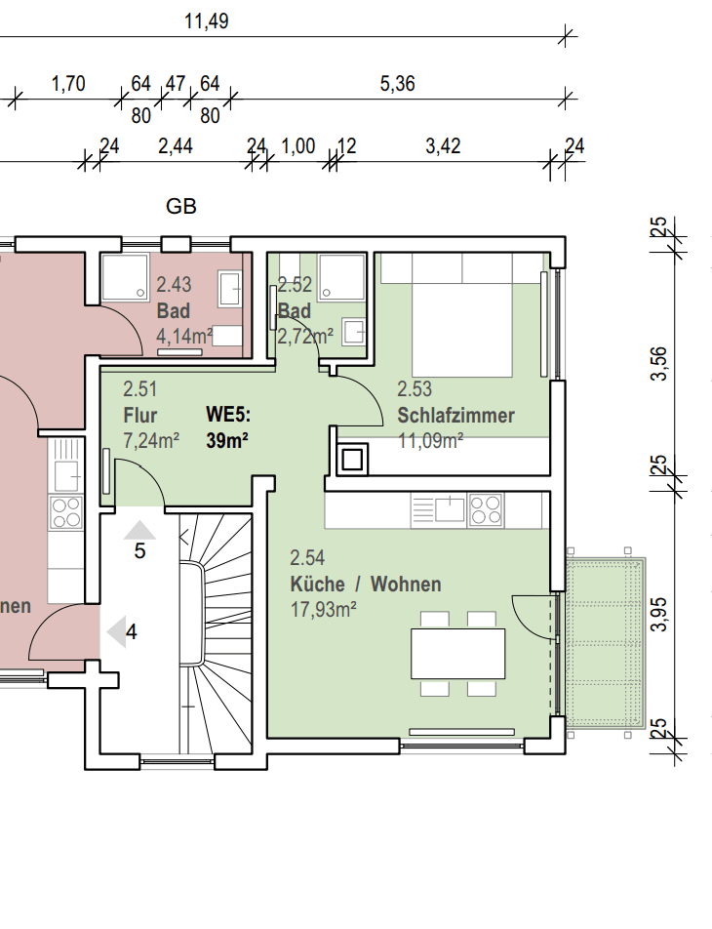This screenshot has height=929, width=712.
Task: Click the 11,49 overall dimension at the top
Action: pos(206,21)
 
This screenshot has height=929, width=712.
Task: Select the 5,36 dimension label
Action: pos(397,84)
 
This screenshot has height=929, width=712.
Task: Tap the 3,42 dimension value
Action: pos(443,146)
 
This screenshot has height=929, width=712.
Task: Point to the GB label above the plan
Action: pos(181,206)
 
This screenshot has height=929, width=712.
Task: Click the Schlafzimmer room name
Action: pos(455,416)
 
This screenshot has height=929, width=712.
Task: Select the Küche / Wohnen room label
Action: pos(365,585)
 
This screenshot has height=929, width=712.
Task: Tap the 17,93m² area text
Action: pos(323,609)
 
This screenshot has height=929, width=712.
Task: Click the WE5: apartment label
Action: pos(228,416)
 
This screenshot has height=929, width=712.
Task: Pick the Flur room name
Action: pos(140,416)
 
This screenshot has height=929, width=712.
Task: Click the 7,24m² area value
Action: pos(150,440)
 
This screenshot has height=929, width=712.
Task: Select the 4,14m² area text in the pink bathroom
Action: pos(184,337)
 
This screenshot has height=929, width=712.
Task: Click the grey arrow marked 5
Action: pos(139,531)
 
